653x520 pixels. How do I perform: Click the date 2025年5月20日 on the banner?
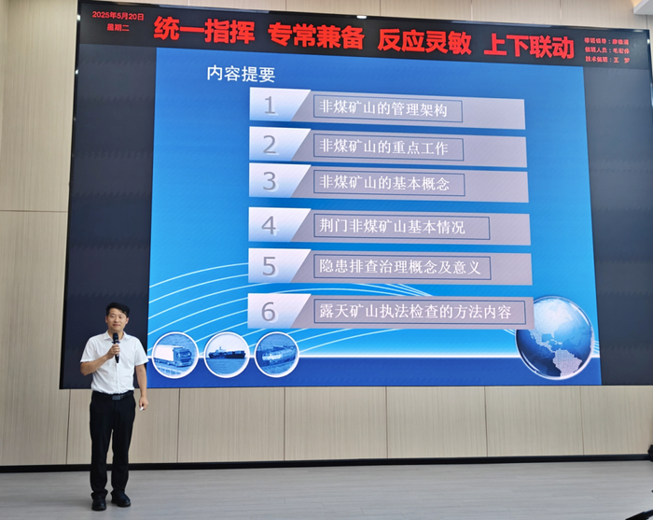113,17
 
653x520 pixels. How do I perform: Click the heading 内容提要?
241,75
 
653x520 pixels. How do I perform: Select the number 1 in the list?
270,105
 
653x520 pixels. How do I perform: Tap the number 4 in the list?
269,225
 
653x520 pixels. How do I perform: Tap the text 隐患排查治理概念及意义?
398,268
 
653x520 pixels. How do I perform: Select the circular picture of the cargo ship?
227,354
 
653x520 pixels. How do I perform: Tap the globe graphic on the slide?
555,337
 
